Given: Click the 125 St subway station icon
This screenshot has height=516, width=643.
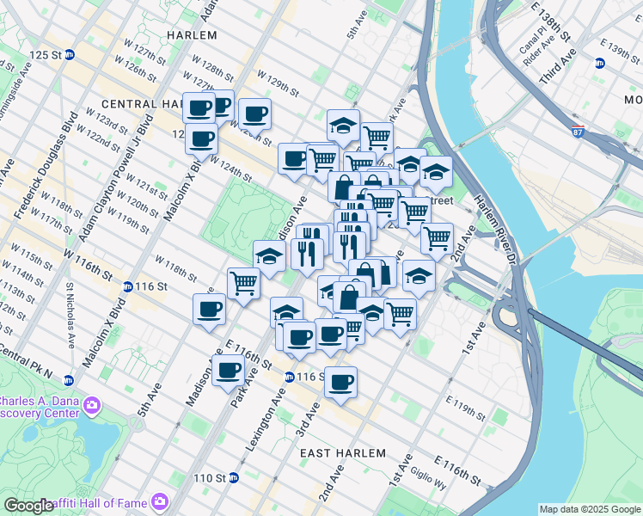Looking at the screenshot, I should (x=70, y=54).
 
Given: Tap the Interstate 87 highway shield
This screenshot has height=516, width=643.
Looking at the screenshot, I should (x=579, y=132).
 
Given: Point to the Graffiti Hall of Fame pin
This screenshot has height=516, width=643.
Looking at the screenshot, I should (x=159, y=501).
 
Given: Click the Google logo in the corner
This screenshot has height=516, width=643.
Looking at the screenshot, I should (x=29, y=506).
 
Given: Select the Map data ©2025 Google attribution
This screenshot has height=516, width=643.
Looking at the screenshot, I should (x=589, y=509).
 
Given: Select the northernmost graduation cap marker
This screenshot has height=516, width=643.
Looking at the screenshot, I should (x=343, y=125).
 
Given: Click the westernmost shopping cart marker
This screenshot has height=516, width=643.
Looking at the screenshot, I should (x=244, y=282).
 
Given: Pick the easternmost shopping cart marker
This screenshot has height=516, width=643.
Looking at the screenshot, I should (x=437, y=237).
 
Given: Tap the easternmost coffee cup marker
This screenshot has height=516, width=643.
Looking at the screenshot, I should (x=341, y=381).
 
